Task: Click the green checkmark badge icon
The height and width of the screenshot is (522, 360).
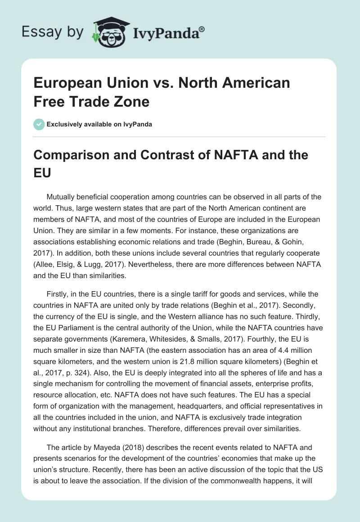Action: click(39, 124)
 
